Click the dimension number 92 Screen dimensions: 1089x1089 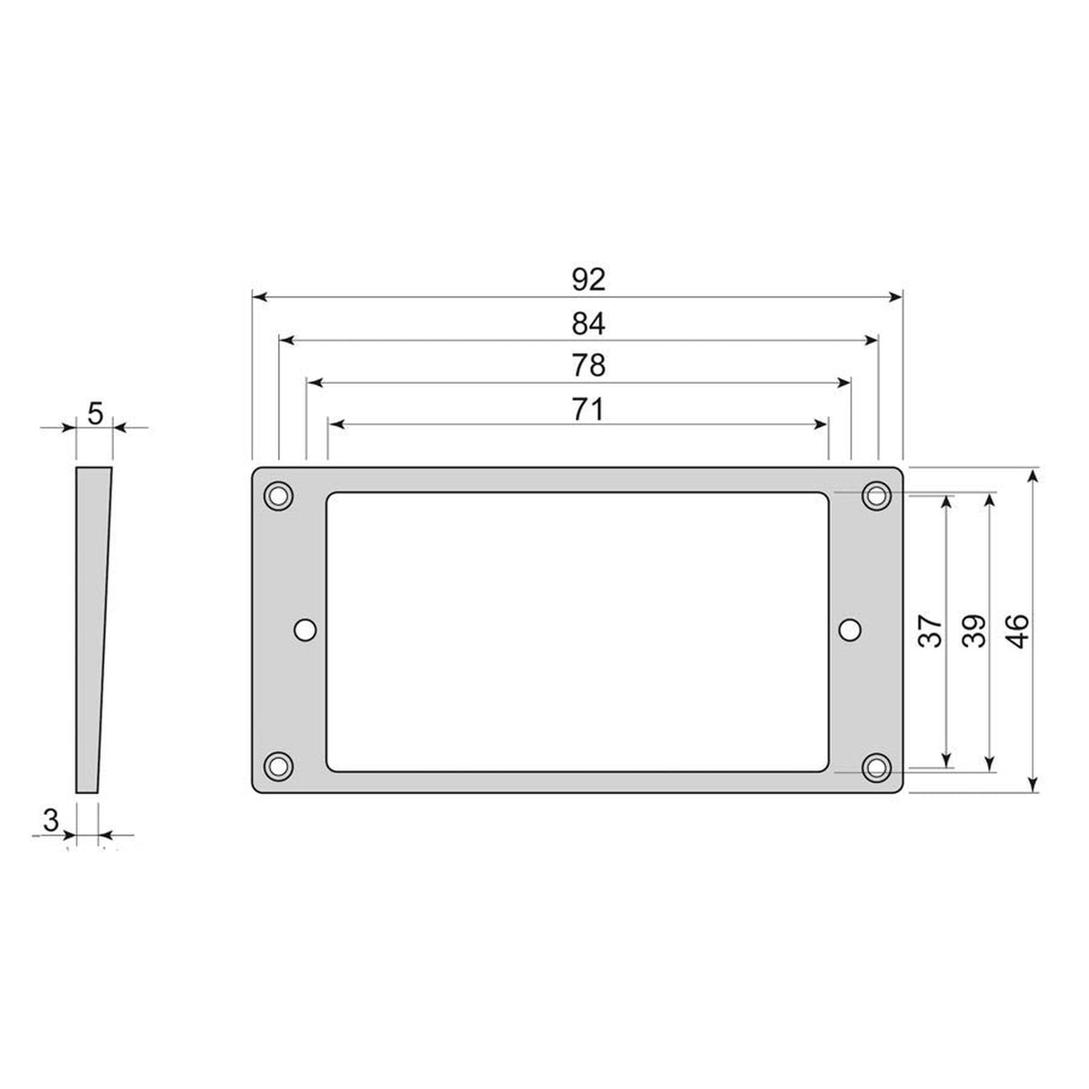(x=588, y=280)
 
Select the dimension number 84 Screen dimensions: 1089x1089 (x=588, y=324)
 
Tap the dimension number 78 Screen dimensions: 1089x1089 (x=588, y=366)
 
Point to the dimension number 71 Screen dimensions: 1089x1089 (x=588, y=409)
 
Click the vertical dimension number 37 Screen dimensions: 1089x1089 (x=932, y=631)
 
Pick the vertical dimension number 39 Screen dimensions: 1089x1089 (x=973, y=631)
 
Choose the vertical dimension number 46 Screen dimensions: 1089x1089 (x=1017, y=631)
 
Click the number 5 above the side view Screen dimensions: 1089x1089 (x=96, y=414)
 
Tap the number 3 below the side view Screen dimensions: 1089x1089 (x=51, y=819)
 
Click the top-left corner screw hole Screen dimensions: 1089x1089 (x=278, y=495)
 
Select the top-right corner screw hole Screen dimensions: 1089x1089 (x=875, y=495)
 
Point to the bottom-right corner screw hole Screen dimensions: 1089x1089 (x=875, y=768)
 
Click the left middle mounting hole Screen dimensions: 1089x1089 (x=305, y=631)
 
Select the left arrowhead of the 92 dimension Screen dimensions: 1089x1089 (x=259, y=296)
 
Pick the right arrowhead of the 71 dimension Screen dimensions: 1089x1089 (x=821, y=423)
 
